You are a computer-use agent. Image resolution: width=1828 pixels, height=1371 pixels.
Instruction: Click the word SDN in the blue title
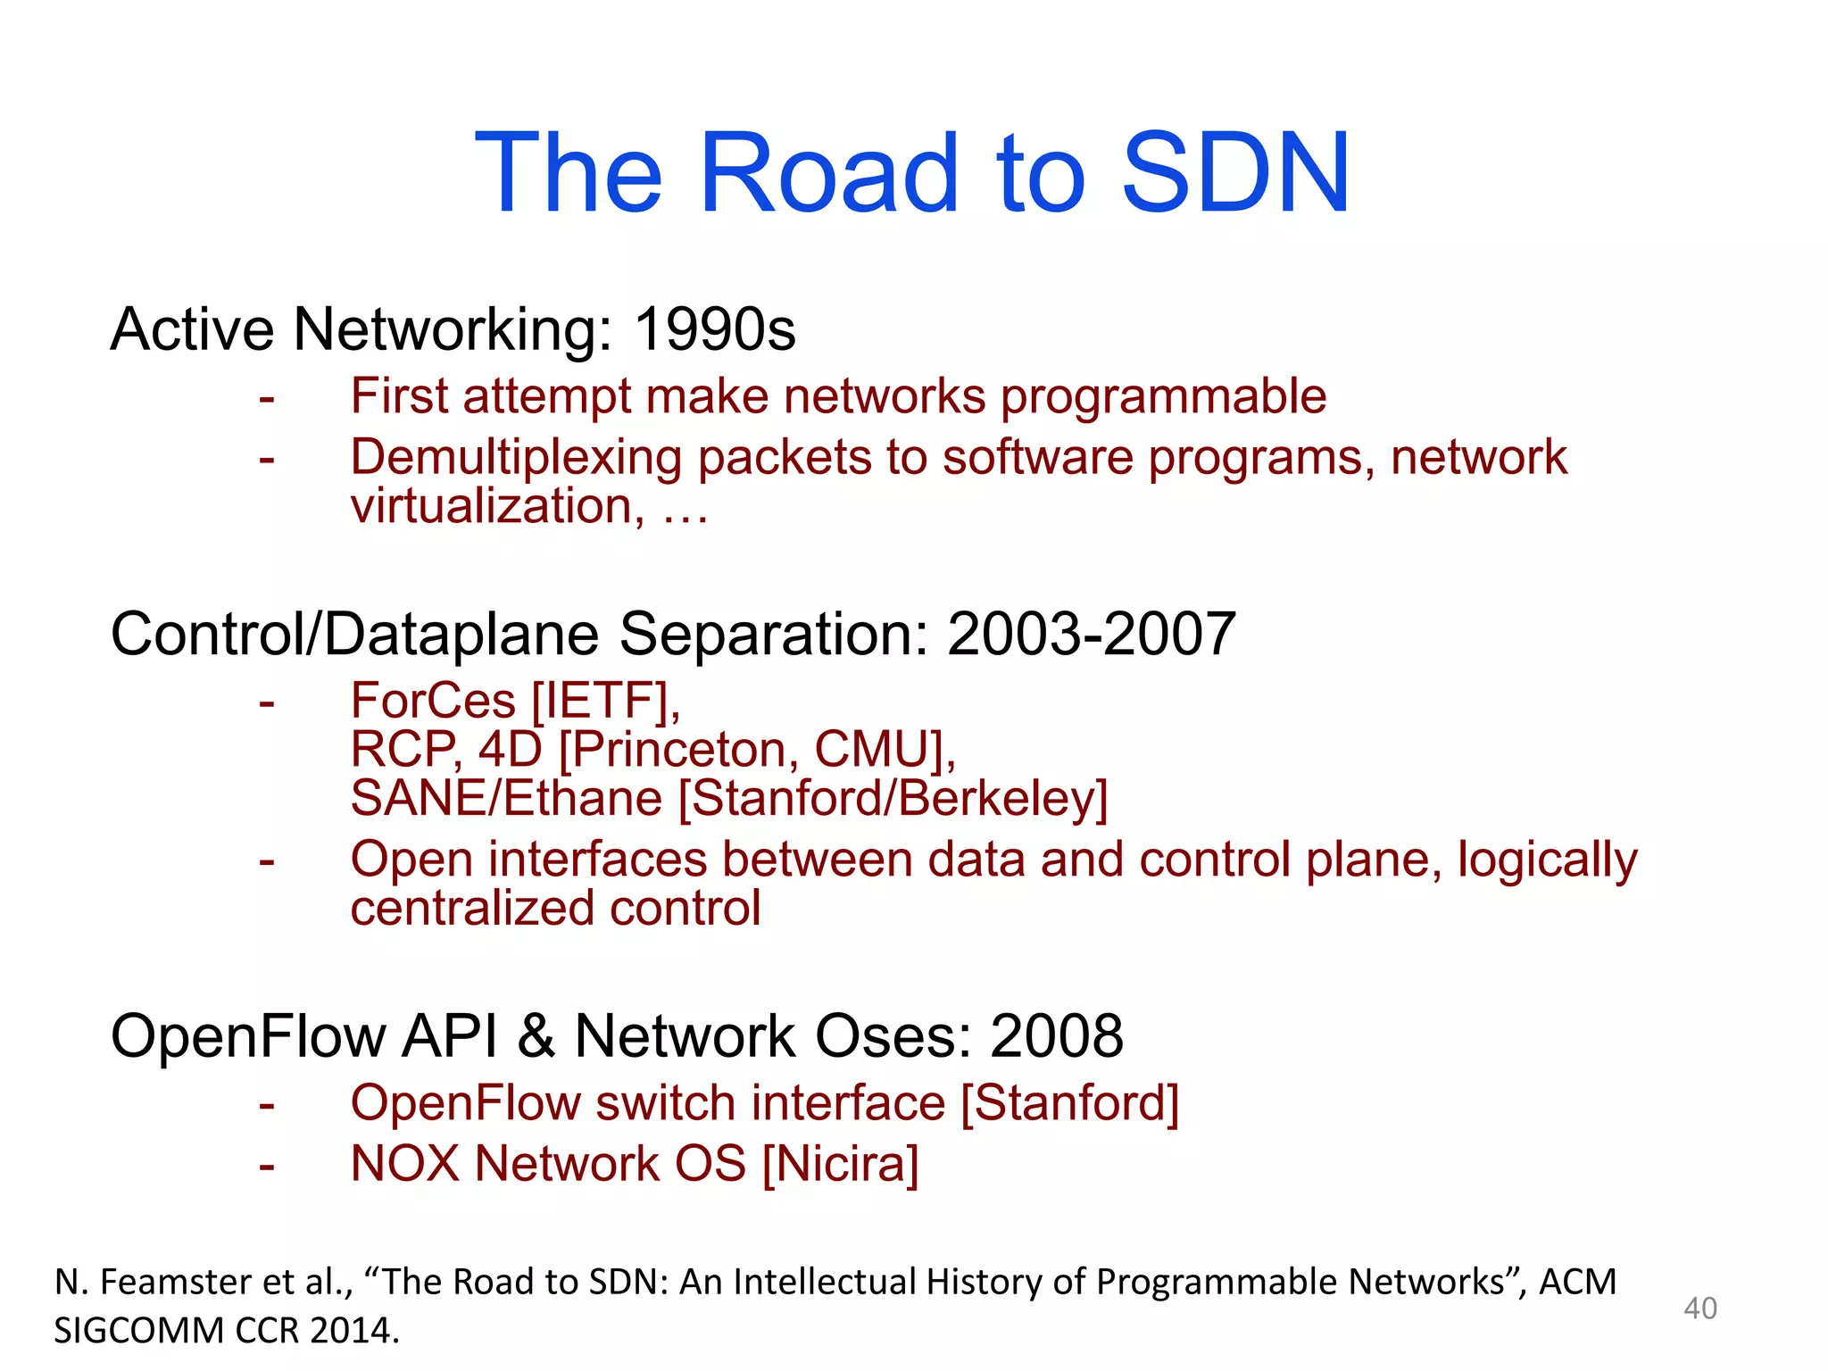coord(1235,173)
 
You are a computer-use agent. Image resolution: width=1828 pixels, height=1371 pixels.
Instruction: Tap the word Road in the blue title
coord(829,173)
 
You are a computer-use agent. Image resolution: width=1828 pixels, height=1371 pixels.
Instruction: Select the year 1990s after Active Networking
coord(714,329)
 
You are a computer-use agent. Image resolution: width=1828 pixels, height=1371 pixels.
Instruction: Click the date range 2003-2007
coord(1091,635)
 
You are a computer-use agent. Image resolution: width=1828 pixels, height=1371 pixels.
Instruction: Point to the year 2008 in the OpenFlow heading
coord(1056,1036)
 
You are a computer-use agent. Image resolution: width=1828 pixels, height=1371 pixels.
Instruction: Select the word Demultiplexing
coord(517,459)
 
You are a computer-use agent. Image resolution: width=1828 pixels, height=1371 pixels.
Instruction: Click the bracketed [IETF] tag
coord(606,701)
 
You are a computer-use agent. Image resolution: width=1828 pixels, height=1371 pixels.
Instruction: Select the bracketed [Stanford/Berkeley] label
coord(893,798)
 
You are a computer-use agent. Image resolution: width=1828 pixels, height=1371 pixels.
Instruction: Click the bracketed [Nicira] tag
coord(840,1164)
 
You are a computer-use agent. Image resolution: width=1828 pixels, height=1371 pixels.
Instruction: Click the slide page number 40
coord(1699,1309)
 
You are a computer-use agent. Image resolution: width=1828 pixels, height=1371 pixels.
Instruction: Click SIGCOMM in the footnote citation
coord(138,1331)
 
